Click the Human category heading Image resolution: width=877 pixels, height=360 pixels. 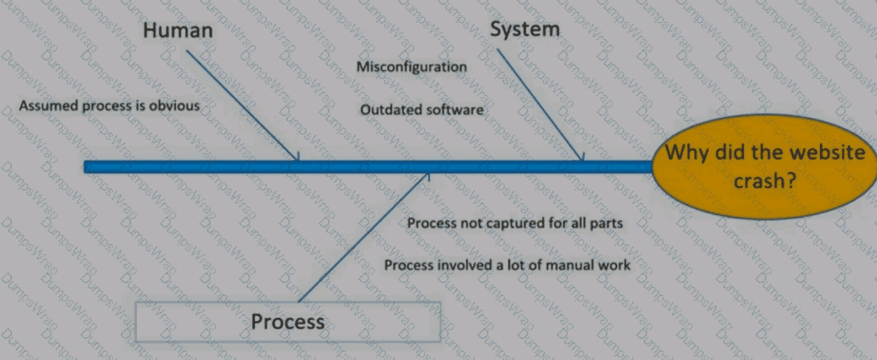[x=178, y=31]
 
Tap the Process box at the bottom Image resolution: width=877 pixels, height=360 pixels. [x=288, y=322]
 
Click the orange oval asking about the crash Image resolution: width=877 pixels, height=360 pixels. [x=764, y=167]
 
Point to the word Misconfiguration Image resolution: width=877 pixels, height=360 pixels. [x=412, y=67]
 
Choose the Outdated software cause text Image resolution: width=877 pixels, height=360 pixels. [x=421, y=110]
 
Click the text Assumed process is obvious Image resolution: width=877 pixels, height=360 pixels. [x=109, y=106]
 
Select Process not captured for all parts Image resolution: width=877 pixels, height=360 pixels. [x=514, y=224]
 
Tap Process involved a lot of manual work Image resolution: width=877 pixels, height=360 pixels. [x=507, y=265]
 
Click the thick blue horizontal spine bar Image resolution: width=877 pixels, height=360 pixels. [x=348, y=167]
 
